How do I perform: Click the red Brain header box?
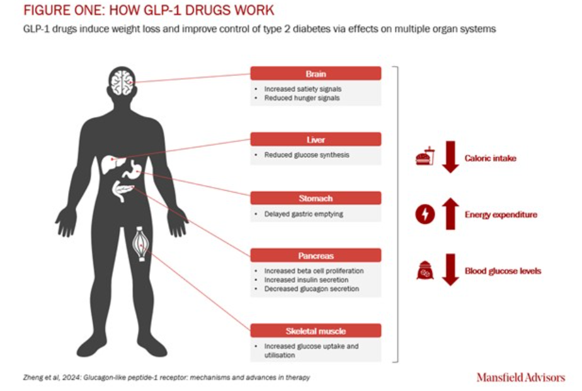tap(316, 74)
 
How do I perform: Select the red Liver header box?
tap(316, 139)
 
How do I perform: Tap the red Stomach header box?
tap(316, 198)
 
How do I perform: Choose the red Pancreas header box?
tap(316, 256)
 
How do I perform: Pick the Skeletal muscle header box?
tap(316, 331)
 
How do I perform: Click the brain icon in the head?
tap(121, 81)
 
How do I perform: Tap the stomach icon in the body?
tap(133, 167)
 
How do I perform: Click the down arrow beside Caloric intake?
tap(450, 158)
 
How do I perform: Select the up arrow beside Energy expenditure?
tap(450, 214)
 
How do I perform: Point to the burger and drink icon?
tap(425, 157)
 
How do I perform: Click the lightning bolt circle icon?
tap(425, 215)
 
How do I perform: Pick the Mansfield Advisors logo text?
tap(520, 378)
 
